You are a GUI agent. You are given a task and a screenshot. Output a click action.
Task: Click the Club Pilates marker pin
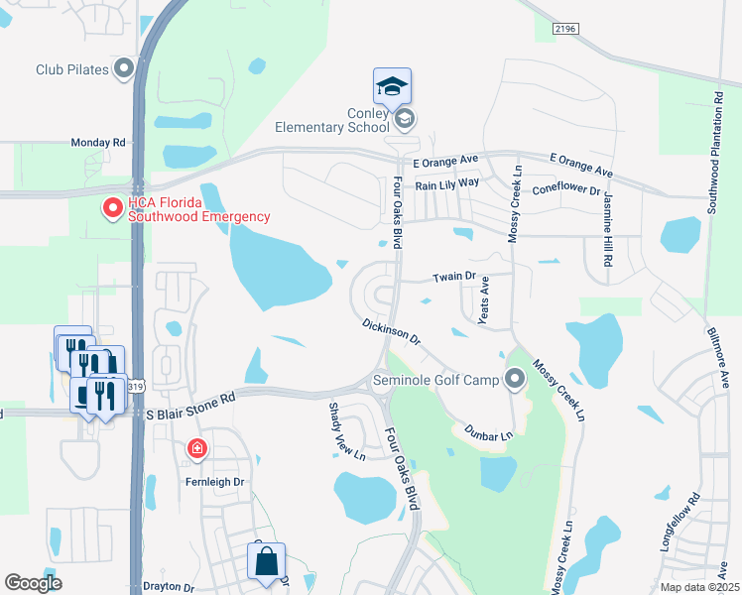(124, 69)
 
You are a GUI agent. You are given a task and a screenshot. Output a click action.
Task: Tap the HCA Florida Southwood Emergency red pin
(112, 208)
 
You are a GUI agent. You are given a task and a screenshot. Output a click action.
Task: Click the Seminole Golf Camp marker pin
(514, 379)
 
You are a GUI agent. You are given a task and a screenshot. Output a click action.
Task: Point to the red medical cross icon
(196, 450)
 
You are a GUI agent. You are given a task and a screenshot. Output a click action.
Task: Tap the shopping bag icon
(267, 561)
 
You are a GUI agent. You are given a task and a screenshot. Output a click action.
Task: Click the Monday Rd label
(97, 143)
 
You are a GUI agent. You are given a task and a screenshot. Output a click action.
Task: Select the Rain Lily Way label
(446, 183)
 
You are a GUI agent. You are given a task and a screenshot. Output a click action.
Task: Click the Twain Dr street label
(455, 279)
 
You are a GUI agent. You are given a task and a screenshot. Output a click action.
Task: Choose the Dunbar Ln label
(487, 432)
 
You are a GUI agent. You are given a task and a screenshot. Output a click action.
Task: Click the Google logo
(33, 583)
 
